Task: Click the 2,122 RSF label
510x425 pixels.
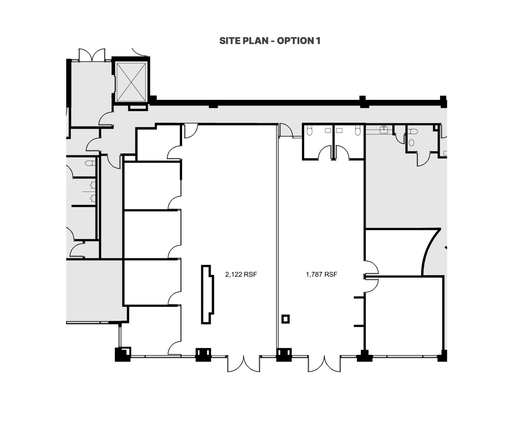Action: (241, 274)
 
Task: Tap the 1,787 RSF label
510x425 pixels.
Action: (322, 274)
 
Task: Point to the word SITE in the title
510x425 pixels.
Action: (228, 41)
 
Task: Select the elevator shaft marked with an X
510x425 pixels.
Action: (131, 82)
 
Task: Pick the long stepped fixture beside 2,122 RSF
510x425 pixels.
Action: (207, 294)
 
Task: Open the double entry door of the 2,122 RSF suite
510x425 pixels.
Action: (244, 364)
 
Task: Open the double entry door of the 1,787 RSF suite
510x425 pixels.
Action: (324, 364)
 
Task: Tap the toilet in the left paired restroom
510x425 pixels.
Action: (309, 131)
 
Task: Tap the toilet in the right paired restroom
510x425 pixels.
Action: (358, 131)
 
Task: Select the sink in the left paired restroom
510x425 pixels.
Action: (328, 131)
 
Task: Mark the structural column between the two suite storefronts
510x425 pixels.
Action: (284, 355)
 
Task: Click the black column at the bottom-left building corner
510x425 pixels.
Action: (123, 354)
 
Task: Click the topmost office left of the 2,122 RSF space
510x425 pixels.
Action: (159, 143)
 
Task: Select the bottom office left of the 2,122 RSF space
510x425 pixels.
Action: (154, 330)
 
